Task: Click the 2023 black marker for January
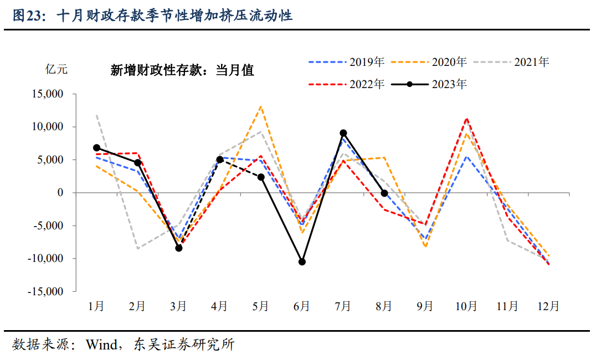point(96,148)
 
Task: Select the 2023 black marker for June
point(302,261)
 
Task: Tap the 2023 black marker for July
point(343,133)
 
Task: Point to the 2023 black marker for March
point(179,248)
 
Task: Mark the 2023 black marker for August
point(384,193)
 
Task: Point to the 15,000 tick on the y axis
point(48,94)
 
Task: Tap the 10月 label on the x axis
point(466,306)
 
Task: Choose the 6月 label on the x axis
point(302,306)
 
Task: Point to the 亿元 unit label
point(56,70)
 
